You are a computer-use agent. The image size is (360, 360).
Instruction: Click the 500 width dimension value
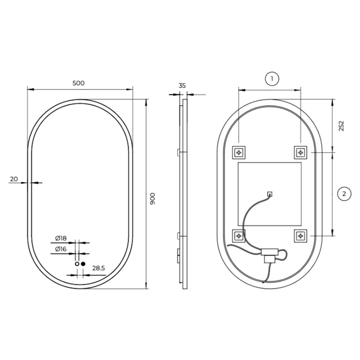(78, 83)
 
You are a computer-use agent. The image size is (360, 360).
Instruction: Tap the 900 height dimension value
(153, 198)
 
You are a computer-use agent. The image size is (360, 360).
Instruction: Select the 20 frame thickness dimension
(14, 179)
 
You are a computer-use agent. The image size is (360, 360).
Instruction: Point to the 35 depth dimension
(182, 85)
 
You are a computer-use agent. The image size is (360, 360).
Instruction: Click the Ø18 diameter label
(61, 238)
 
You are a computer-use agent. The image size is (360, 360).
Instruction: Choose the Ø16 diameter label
(61, 249)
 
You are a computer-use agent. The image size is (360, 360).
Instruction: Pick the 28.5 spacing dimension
(99, 268)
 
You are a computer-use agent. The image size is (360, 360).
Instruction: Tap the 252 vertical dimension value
(342, 126)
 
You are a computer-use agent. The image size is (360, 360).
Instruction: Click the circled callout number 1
(272, 79)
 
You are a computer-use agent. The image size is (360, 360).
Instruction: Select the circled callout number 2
(344, 194)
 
